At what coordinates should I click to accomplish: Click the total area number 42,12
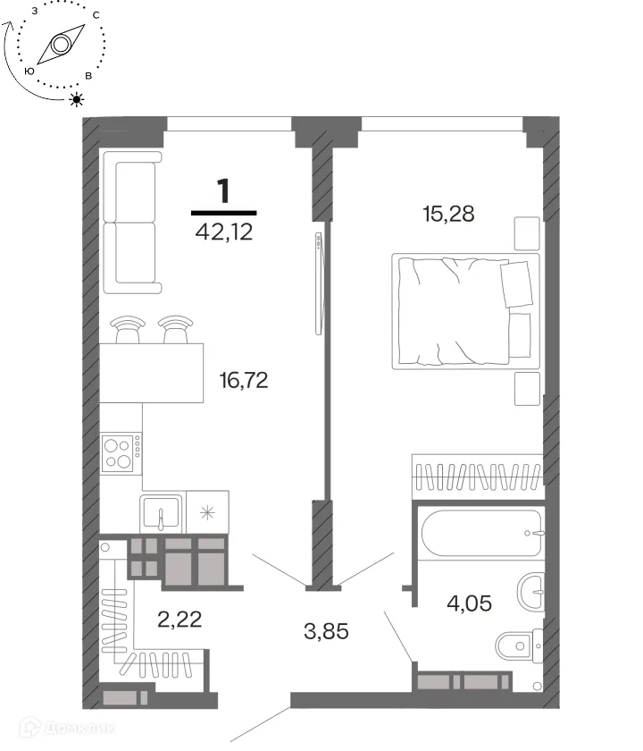(x=224, y=232)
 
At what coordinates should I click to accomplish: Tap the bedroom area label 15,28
(x=448, y=214)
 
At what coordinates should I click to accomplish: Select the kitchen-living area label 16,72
(x=244, y=380)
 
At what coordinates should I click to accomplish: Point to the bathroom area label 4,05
(x=469, y=603)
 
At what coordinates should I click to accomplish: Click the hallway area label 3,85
(x=326, y=631)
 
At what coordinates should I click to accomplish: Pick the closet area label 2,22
(x=180, y=620)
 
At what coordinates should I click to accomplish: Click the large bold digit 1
(x=223, y=190)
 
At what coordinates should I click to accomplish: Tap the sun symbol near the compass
(x=77, y=99)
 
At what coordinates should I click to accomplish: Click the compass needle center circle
(x=61, y=45)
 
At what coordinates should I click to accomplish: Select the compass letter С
(x=96, y=15)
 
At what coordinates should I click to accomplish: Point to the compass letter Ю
(x=29, y=71)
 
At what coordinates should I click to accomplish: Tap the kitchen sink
(x=162, y=512)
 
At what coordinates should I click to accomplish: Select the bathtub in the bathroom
(x=481, y=533)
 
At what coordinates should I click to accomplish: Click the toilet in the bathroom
(x=519, y=646)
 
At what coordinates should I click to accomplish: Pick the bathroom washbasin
(x=530, y=592)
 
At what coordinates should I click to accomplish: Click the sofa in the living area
(x=132, y=223)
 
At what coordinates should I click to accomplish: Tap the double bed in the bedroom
(x=465, y=311)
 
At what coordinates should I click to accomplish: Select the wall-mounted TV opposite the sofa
(x=319, y=283)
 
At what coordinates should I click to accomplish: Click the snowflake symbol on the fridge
(x=207, y=513)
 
